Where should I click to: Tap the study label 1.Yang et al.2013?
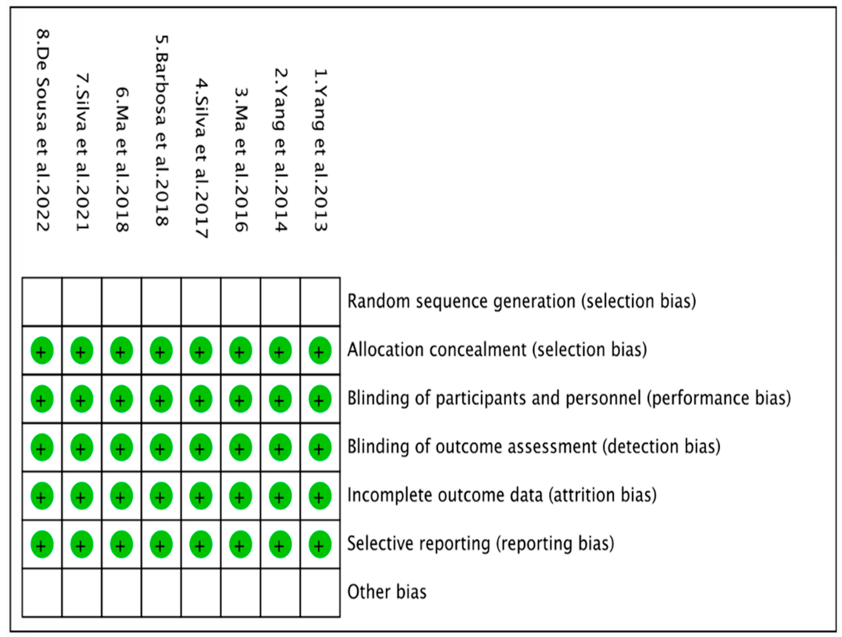[x=320, y=150]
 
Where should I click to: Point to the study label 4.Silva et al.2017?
[x=201, y=158]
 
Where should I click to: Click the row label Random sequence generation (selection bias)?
[x=522, y=302]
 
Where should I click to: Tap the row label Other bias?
[x=387, y=592]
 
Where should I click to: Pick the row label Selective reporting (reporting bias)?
[x=480, y=544]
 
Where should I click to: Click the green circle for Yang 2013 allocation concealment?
[x=320, y=350]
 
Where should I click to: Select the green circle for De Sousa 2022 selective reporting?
[x=42, y=544]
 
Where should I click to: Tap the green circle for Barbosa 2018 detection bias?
[x=161, y=447]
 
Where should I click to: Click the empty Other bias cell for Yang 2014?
[x=280, y=593]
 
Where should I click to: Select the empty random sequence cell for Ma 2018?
[x=121, y=302]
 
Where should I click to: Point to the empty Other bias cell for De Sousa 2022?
[x=42, y=593]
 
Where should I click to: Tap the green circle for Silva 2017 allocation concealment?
[x=201, y=350]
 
